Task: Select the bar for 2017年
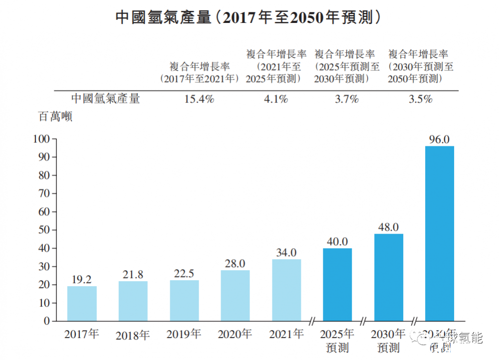(x=82, y=304)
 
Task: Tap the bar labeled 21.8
(x=133, y=301)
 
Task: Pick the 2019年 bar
(x=185, y=301)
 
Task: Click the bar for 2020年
(x=236, y=296)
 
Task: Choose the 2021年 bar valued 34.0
(x=286, y=290)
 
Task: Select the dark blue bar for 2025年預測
(x=337, y=285)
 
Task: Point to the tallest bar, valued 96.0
(x=440, y=234)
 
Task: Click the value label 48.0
(x=389, y=227)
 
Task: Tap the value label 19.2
(x=82, y=280)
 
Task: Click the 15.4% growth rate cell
(x=199, y=99)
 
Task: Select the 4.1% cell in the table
(x=276, y=99)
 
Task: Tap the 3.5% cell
(x=420, y=99)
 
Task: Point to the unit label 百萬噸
(x=56, y=118)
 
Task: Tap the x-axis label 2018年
(x=133, y=335)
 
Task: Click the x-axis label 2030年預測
(x=389, y=340)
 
